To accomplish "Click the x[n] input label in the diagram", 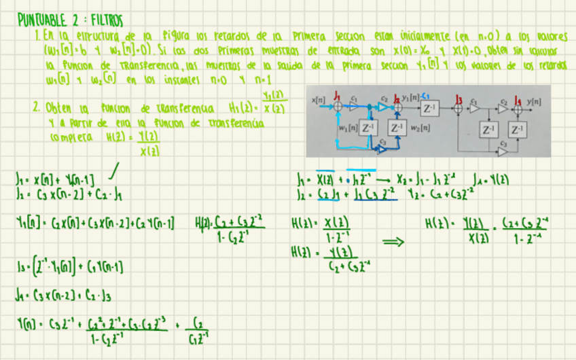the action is [317, 99].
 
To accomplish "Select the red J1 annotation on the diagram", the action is [338, 96].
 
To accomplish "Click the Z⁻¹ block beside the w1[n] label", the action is [368, 128].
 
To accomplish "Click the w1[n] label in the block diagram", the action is [348, 128].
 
